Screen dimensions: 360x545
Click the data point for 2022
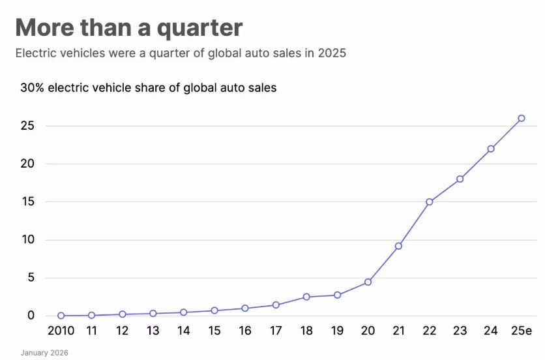coord(430,202)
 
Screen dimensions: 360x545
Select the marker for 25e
coord(522,118)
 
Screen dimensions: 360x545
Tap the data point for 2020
coord(368,282)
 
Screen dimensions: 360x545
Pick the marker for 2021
coord(398,246)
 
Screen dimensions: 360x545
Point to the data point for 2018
coord(306,297)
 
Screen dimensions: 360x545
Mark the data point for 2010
coord(61,316)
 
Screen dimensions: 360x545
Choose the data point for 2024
coord(491,149)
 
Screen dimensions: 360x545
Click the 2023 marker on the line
coord(460,179)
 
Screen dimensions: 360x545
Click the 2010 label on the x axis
coord(61,331)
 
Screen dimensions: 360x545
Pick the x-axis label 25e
coord(522,331)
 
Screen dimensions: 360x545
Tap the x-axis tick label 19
coord(337,331)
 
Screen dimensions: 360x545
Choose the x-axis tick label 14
coord(184,331)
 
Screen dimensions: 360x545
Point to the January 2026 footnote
coord(44,353)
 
